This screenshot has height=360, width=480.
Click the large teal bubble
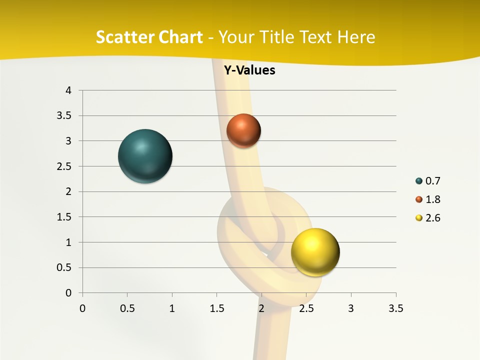point(145,156)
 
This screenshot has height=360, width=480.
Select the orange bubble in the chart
point(243,130)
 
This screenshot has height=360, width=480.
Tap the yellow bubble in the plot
point(315,252)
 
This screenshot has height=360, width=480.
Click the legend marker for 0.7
point(419,181)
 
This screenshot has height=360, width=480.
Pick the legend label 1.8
point(432,199)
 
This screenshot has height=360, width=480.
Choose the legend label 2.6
point(432,218)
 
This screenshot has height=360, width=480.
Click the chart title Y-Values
point(249,70)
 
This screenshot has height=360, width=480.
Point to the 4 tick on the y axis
point(69,90)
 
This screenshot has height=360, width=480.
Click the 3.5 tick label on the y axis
point(64,115)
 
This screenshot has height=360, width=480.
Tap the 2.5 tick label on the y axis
point(64,166)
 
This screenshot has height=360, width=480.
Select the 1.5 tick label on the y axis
point(64,217)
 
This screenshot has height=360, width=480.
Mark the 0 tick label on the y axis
point(69,293)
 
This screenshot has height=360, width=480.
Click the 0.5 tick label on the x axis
point(127,308)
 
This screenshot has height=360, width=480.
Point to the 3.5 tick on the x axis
point(395,308)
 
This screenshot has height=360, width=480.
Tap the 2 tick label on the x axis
point(261,308)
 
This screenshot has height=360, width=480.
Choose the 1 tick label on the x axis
point(172,308)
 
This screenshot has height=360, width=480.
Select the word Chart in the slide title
point(180,37)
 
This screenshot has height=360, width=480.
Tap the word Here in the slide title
point(356,37)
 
